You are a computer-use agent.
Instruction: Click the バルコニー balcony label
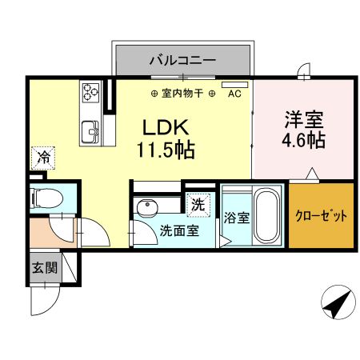[x=182, y=59]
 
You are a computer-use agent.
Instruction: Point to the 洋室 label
[x=302, y=120]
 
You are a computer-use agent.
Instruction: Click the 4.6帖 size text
[x=302, y=141]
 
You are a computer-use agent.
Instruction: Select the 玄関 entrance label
[x=45, y=268]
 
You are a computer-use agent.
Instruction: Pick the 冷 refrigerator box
[x=44, y=158]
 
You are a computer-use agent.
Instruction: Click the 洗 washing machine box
[x=198, y=204]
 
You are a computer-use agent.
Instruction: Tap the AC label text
[x=234, y=94]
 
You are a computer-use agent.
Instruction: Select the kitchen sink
[x=89, y=129]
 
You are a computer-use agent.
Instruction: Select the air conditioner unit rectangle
[x=235, y=84]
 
